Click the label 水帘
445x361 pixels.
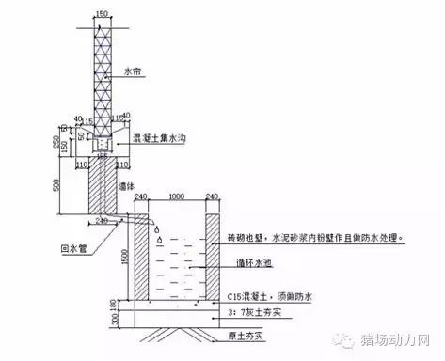(x=134, y=71)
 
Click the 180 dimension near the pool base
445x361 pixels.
(x=117, y=304)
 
